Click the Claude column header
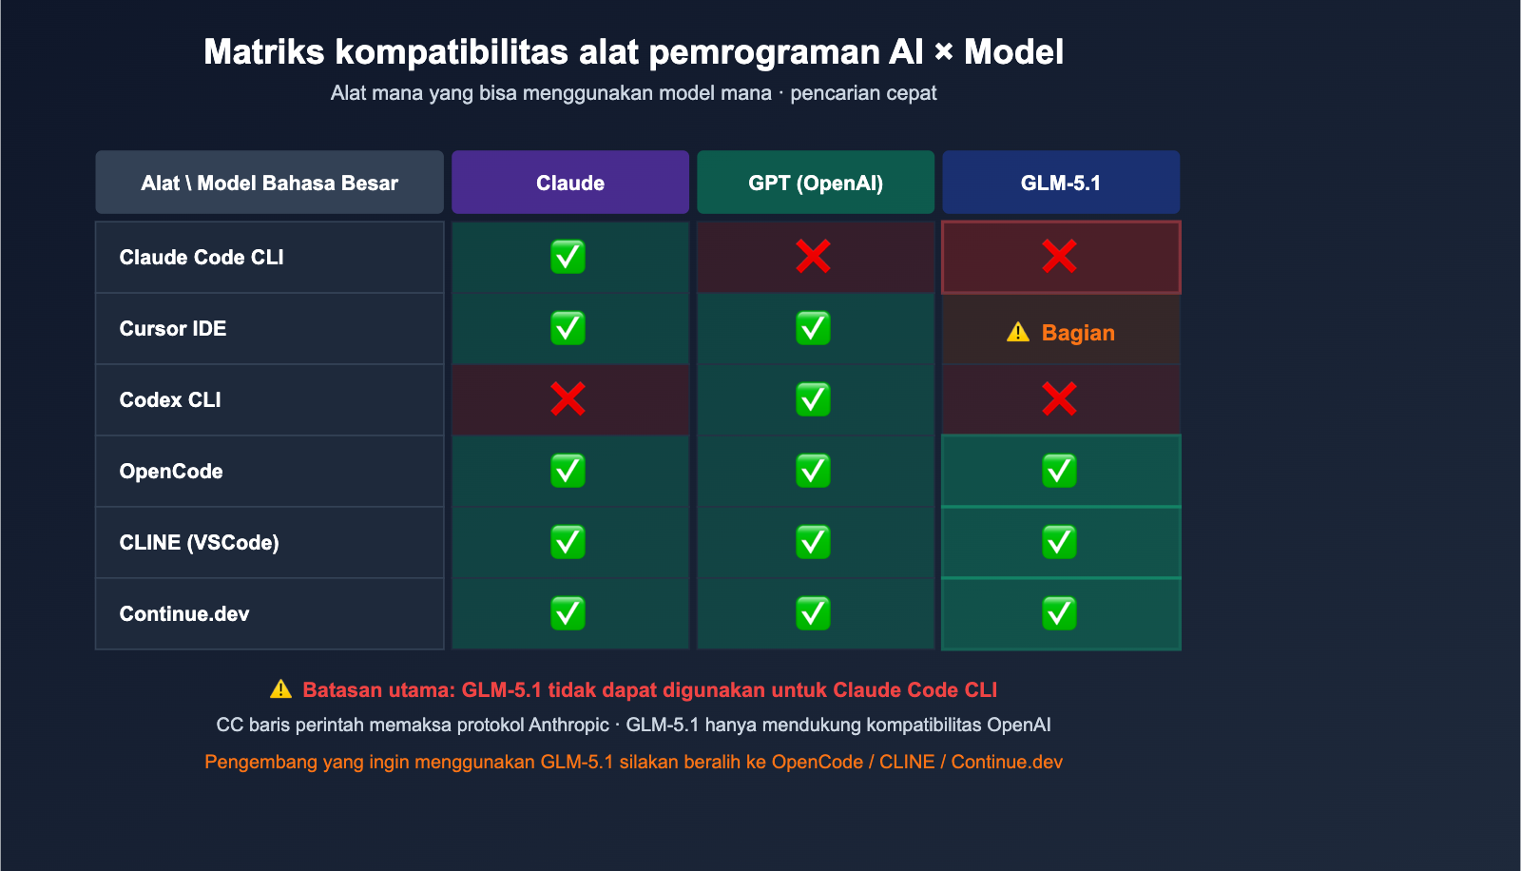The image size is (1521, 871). point(570,183)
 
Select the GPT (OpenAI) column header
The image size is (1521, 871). point(816,183)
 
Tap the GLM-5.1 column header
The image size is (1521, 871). point(1061,183)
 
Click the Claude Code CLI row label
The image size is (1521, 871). point(202,258)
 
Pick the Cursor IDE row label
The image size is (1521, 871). point(173,329)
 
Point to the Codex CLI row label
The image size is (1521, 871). point(170,400)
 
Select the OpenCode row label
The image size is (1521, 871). point(171,472)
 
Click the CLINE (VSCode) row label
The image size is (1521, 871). point(200,543)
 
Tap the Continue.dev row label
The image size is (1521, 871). point(184,614)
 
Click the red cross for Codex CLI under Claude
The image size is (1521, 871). point(568,399)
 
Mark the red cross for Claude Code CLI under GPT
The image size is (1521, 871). point(814,257)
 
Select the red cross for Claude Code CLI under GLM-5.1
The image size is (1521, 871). point(1059,257)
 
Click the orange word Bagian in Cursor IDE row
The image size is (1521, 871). point(1078,333)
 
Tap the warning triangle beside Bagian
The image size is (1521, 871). point(1018,332)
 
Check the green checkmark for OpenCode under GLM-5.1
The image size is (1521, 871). point(1059,471)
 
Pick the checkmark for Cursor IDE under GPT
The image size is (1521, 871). point(814,328)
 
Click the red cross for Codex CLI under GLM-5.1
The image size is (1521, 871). point(1059,399)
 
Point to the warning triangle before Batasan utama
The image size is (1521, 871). point(280,689)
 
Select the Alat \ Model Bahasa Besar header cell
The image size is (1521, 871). point(269,183)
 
